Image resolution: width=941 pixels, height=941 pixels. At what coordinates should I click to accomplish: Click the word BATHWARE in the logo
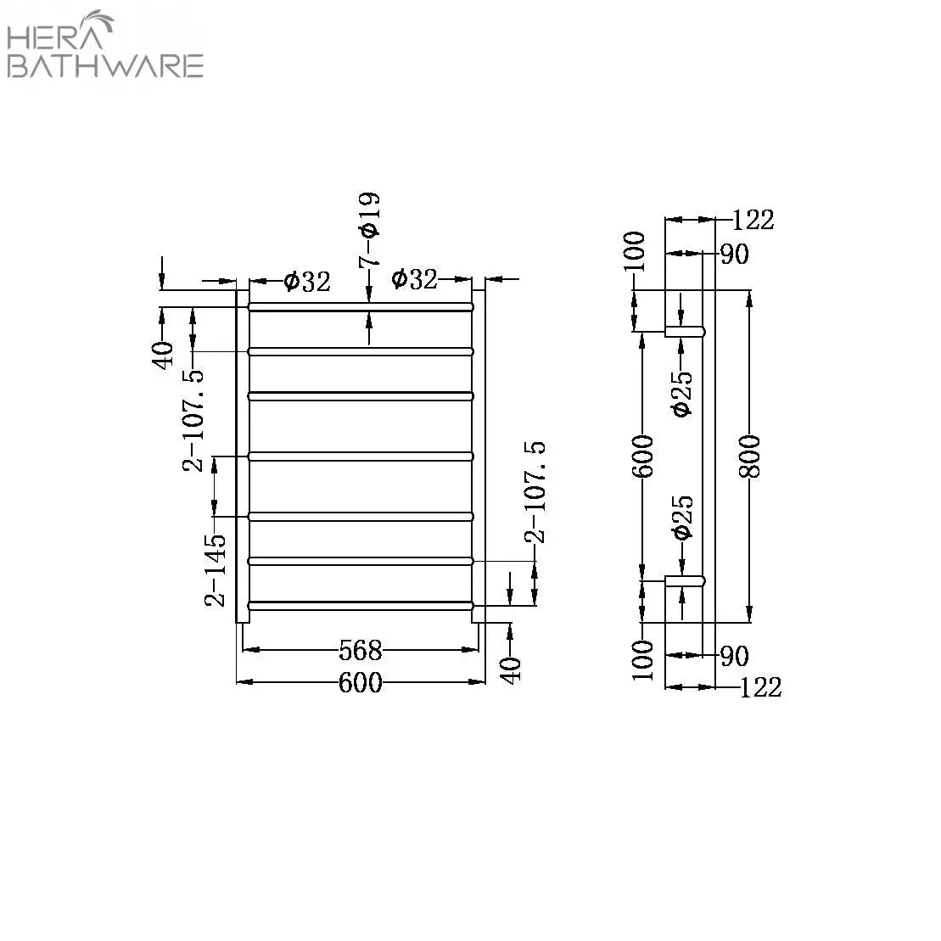coord(105,65)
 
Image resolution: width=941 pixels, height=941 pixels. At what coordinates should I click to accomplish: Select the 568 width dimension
coord(361,651)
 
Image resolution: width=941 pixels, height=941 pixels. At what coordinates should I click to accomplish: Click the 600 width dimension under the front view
coord(361,682)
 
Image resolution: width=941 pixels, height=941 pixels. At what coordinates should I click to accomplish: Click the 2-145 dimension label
coord(216,569)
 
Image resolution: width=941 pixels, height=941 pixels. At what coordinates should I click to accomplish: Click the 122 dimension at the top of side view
coord(753,219)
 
